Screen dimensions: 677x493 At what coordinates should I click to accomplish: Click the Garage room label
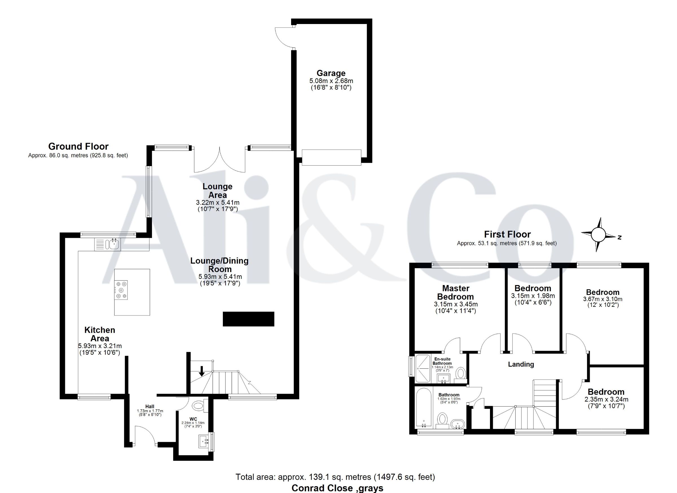(331, 73)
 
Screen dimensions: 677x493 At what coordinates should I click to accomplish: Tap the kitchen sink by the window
(107, 244)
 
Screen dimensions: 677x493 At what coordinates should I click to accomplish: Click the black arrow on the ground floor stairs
(202, 371)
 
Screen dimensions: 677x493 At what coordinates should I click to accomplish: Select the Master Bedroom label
(456, 292)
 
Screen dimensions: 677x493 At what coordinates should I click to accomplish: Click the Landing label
(521, 364)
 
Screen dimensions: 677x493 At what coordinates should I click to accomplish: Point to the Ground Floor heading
(78, 147)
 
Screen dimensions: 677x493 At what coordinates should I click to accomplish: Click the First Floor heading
(507, 234)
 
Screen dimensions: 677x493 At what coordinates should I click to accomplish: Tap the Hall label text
(150, 406)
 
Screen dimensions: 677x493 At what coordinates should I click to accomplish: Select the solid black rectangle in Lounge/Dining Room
(248, 319)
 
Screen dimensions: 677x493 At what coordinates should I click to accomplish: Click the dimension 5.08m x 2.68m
(331, 81)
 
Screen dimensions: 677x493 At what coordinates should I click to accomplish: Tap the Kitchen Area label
(100, 334)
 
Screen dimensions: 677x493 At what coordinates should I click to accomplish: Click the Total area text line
(335, 477)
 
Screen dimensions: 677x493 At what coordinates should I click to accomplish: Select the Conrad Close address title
(337, 488)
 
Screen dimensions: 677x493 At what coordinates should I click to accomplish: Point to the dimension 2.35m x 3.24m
(606, 399)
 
